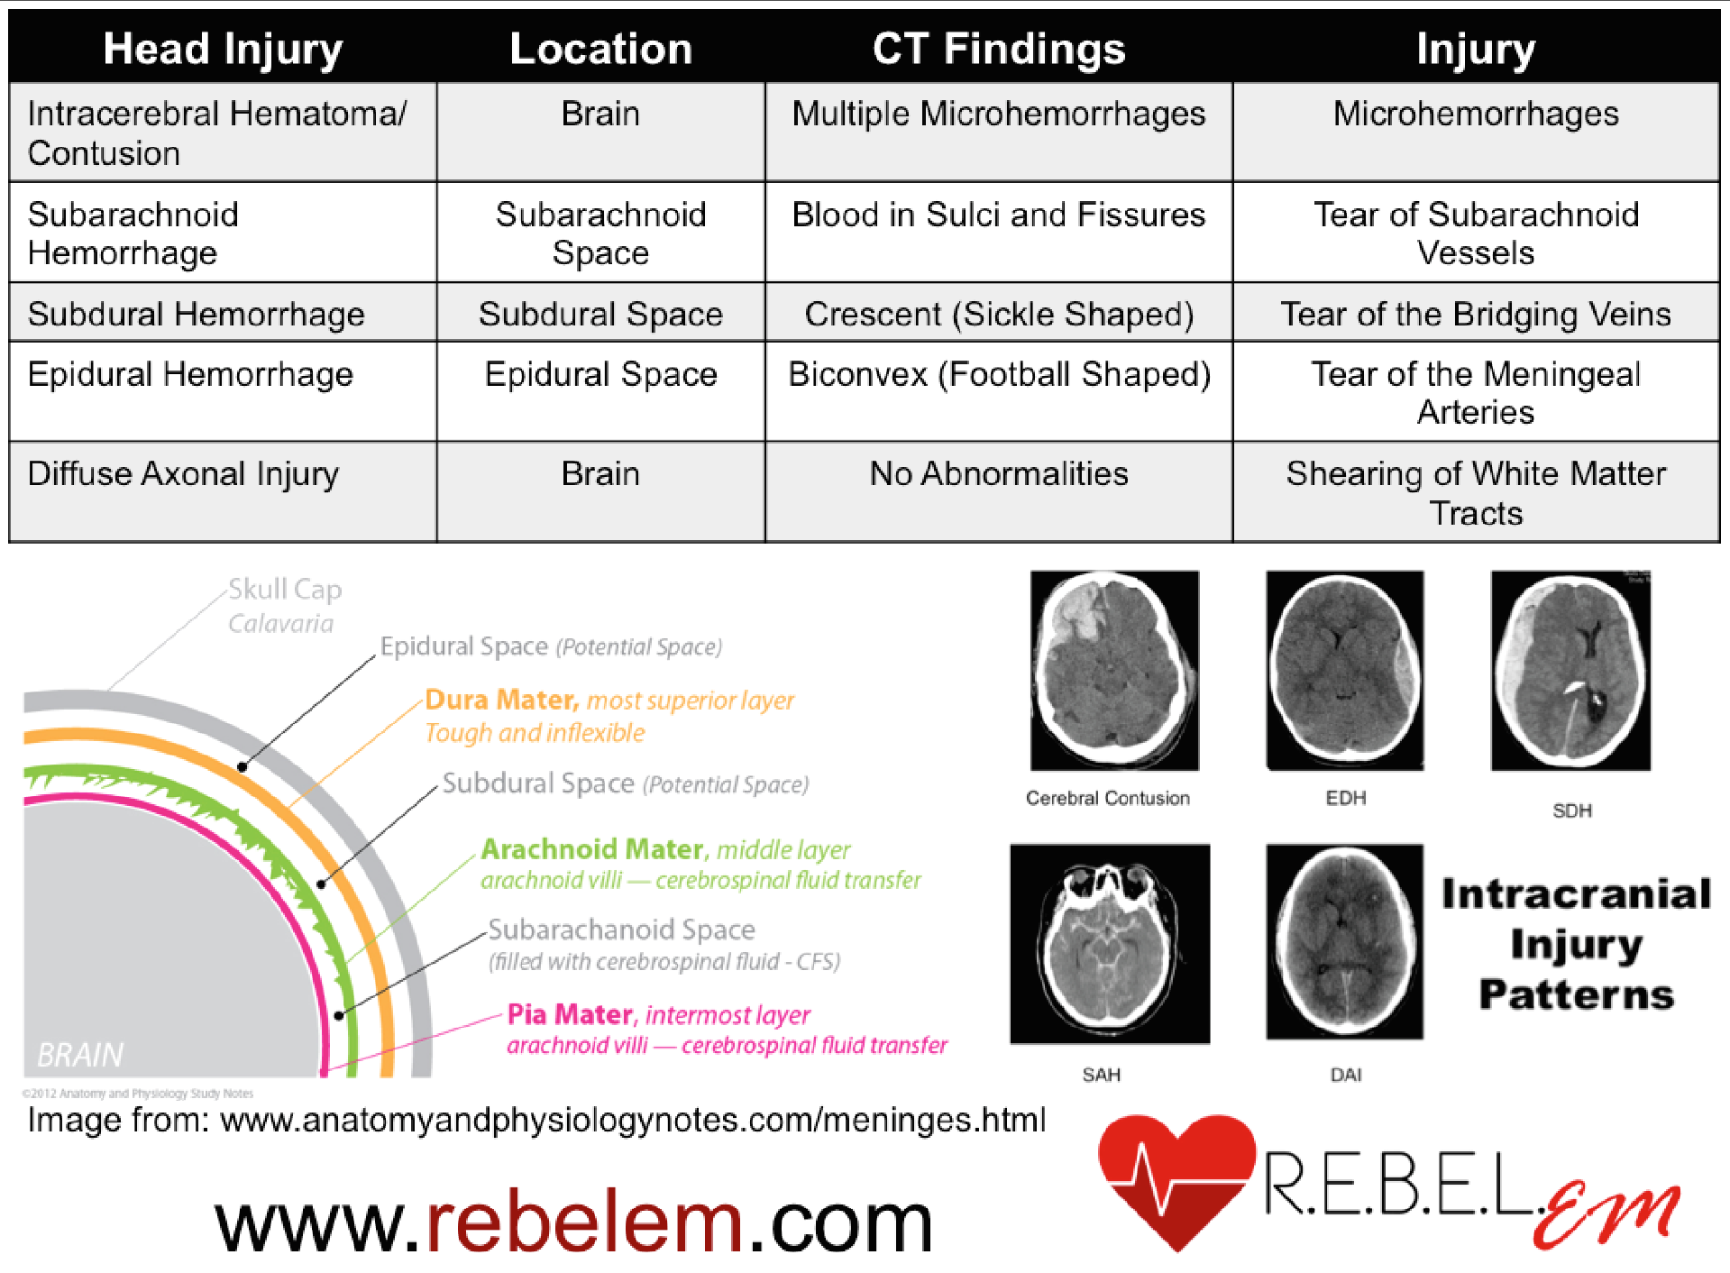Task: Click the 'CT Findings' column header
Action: (998, 49)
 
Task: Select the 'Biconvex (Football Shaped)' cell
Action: (998, 374)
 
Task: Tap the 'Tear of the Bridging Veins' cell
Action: (1475, 314)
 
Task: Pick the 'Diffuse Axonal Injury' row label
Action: (183, 474)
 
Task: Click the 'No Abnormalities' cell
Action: (998, 474)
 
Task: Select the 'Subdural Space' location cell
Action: (600, 314)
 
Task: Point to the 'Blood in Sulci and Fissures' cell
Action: (998, 215)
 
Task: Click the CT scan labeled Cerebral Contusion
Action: (1114, 671)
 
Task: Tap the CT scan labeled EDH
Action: (1344, 671)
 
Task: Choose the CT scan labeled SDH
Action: (1570, 671)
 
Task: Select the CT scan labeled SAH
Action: (1109, 944)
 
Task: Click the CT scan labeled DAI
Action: (1344, 942)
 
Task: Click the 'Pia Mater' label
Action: (570, 1015)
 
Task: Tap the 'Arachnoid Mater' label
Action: (591, 849)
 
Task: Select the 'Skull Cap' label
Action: (284, 590)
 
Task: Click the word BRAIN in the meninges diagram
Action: (80, 1054)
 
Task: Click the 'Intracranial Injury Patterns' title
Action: (1576, 944)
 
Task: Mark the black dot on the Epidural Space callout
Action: (242, 767)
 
